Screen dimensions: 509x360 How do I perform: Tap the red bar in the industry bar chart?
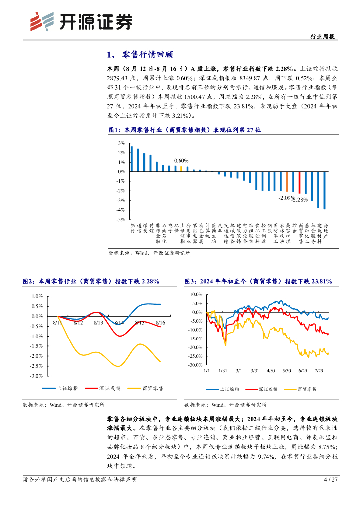pyautogui.click(x=299, y=182)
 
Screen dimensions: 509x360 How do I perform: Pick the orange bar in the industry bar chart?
pyautogui.click(x=287, y=181)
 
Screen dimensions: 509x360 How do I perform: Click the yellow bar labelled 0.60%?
pyautogui.click(x=181, y=169)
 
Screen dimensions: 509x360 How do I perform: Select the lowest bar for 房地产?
pyautogui.click(x=325, y=190)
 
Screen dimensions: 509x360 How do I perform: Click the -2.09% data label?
pyautogui.click(x=286, y=197)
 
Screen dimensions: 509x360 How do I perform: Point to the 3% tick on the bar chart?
pyautogui.click(x=121, y=143)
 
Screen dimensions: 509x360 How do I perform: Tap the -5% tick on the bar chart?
pyautogui.click(x=120, y=219)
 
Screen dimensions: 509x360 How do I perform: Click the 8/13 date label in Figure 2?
pyautogui.click(x=98, y=323)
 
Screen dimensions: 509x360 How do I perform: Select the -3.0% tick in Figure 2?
pyautogui.click(x=37, y=376)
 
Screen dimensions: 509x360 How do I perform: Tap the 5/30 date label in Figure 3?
pyautogui.click(x=286, y=371)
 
